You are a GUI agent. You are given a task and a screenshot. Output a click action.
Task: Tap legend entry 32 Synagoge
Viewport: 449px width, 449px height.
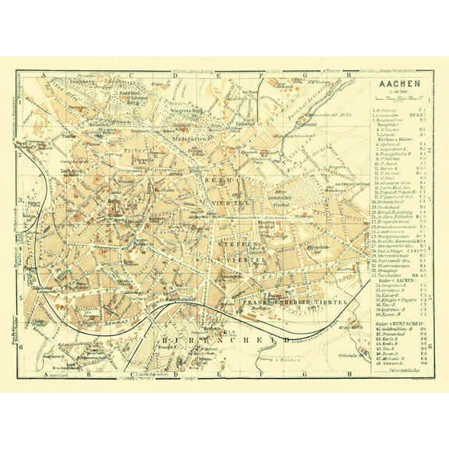390,268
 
